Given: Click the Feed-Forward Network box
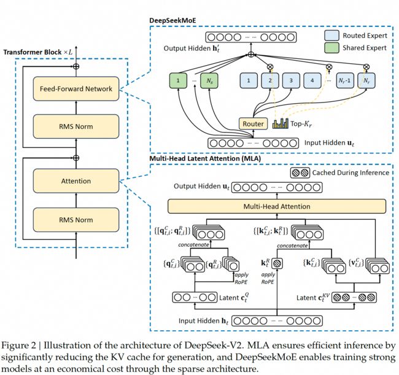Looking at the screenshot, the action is coord(76,88).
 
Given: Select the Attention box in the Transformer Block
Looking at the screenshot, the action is coord(76,181).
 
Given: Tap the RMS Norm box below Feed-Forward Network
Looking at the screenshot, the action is coord(76,126).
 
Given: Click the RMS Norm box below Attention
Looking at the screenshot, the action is coord(76,220).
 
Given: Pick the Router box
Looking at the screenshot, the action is coord(253,123).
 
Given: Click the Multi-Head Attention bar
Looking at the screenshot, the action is coord(277,206).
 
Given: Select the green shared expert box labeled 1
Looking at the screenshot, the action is coord(178,80).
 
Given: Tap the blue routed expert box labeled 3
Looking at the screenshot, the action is coord(291,80).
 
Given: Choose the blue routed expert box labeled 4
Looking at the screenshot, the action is coord(312,80).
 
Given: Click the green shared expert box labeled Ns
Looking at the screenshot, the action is coord(209,80).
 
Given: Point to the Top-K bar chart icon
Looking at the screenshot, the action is coord(280,123).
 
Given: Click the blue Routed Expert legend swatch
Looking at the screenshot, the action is coord(331,36).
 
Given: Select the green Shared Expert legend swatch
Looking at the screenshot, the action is coord(331,48).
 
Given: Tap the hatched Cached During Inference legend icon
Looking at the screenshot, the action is coord(300,173).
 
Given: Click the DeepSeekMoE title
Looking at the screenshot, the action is coord(172,21).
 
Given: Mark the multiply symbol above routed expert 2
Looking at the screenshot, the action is coord(270,67).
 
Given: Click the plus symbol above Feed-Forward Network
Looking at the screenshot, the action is coord(76,66).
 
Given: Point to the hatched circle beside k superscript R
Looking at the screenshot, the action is coord(277,263).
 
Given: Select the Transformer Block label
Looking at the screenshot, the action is coord(33,52).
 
